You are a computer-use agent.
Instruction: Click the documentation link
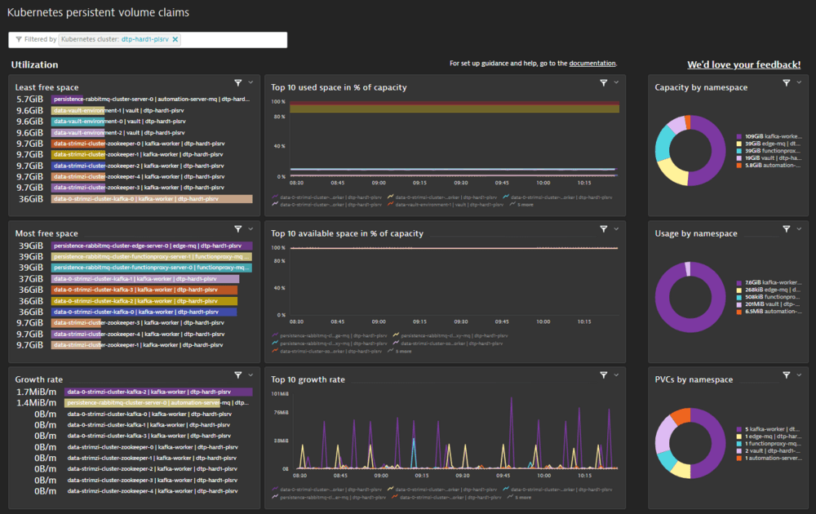tap(592, 64)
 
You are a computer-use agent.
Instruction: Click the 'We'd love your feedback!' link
tap(743, 64)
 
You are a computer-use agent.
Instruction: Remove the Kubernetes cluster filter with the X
tap(175, 39)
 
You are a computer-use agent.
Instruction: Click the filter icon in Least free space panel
tap(238, 82)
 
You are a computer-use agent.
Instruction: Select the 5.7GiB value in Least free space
tap(29, 100)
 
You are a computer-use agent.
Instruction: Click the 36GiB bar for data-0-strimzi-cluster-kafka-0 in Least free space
tap(152, 199)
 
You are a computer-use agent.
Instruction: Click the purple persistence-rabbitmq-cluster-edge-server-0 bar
tap(152, 246)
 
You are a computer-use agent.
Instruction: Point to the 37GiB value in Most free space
tap(30, 279)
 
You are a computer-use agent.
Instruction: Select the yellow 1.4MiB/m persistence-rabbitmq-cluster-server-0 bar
tap(142, 403)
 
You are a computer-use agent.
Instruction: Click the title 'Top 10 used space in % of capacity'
tap(339, 87)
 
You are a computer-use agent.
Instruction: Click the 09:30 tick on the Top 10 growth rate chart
tap(461, 475)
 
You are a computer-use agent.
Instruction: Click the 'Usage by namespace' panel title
tap(695, 233)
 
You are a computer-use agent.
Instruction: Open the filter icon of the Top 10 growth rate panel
tap(604, 375)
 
